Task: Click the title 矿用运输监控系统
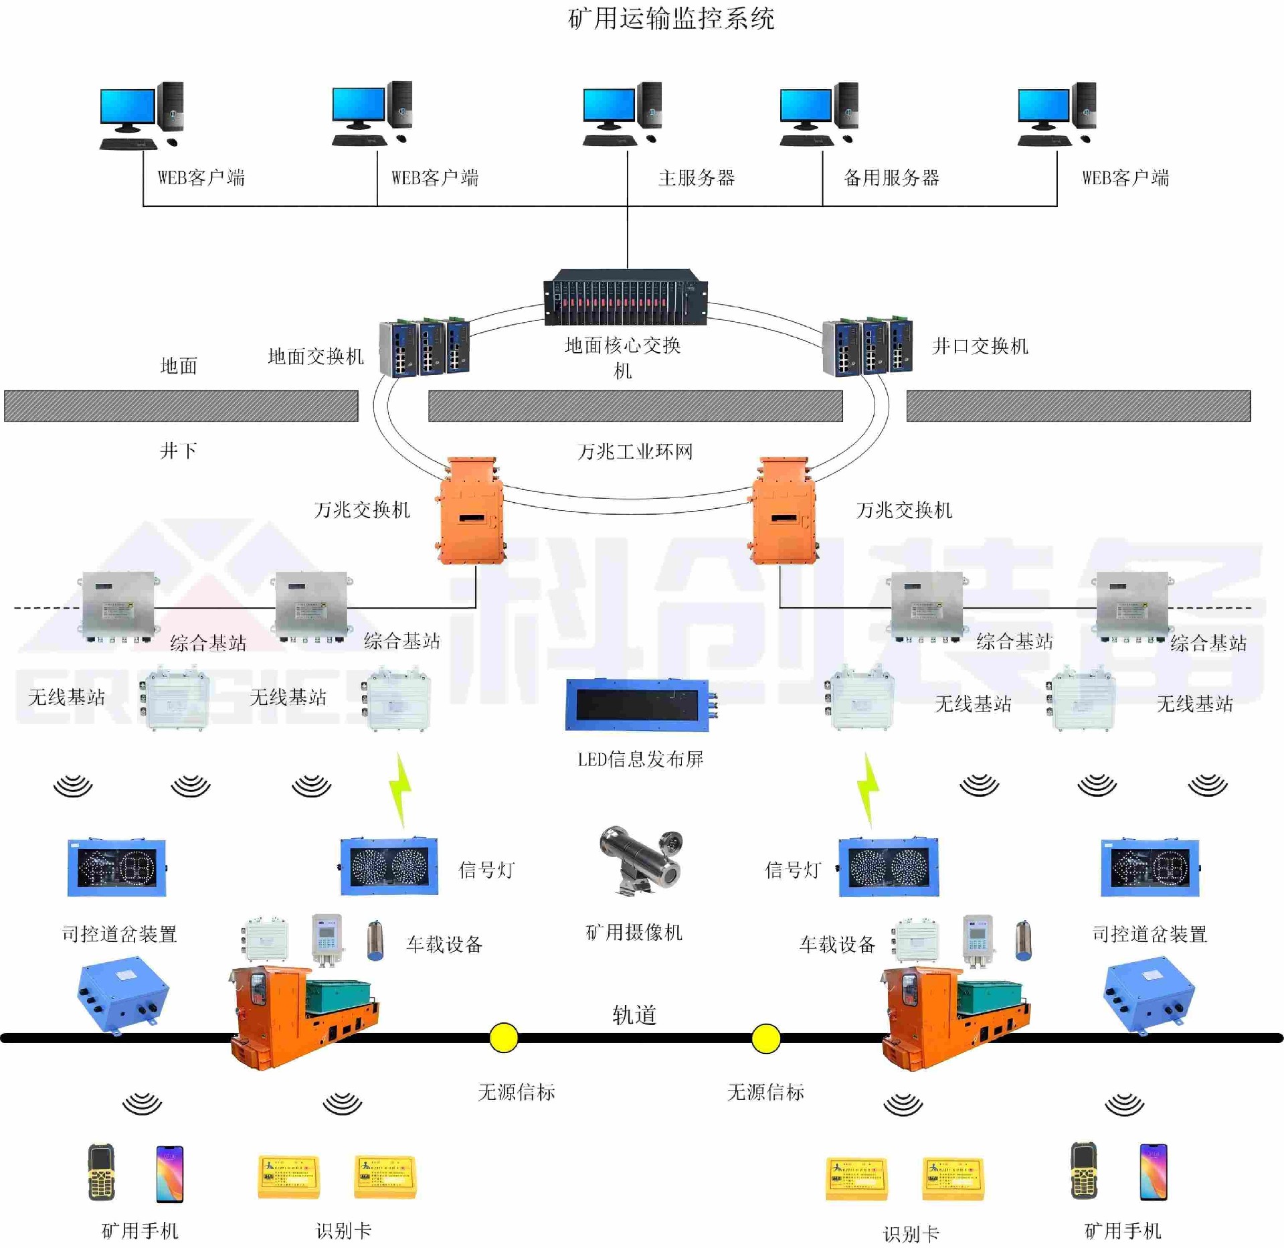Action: (670, 19)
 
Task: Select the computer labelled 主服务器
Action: (622, 114)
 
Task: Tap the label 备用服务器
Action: (891, 177)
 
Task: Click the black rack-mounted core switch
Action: (625, 297)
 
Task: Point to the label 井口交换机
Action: (980, 346)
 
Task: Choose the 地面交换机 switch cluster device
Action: (424, 348)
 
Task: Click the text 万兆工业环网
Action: (635, 452)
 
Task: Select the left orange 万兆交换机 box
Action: (471, 512)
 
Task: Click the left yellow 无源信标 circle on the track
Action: (503, 1038)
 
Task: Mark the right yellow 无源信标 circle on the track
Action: (765, 1038)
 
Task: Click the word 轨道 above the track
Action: (634, 1015)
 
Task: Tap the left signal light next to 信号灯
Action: (389, 867)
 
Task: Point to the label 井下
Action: (178, 451)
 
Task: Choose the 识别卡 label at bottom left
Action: (343, 1231)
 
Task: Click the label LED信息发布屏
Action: (640, 759)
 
